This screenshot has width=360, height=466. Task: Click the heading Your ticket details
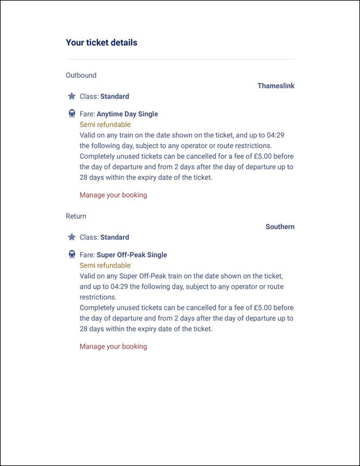(101, 43)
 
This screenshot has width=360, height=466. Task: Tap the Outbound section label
(81, 75)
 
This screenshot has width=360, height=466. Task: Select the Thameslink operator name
(276, 86)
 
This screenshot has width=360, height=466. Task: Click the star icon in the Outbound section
(72, 96)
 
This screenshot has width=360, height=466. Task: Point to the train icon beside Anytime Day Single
(72, 113)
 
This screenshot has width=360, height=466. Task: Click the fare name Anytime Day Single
(127, 114)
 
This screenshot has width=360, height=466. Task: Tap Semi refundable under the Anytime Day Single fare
(105, 124)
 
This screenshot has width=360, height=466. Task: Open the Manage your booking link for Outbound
(113, 195)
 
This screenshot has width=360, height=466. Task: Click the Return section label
(76, 216)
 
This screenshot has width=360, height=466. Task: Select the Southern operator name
(280, 226)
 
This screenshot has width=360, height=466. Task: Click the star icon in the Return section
(72, 237)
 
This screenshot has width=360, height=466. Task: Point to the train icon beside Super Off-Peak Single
(72, 254)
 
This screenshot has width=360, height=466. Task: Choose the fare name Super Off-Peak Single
(132, 255)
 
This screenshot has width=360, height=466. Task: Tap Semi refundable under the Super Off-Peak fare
(105, 266)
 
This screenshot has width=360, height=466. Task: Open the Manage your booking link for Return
(113, 346)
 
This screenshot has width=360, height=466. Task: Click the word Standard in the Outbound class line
(115, 96)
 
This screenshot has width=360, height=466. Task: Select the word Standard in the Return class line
(115, 237)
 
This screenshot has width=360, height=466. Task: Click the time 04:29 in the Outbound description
(275, 135)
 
